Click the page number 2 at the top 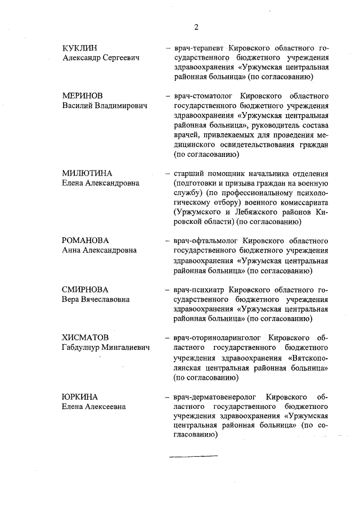click(196, 26)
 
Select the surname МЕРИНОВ click(83, 96)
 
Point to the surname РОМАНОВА click(85, 241)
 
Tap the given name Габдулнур click(84, 348)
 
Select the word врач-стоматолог click(201, 96)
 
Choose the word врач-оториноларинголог click(215, 338)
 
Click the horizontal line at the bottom click(193, 455)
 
